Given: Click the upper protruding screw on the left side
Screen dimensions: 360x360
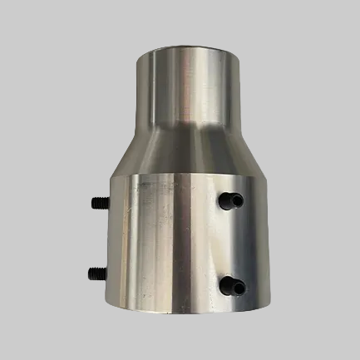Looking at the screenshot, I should point(96,202).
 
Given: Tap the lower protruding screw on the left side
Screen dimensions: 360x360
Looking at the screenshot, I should point(96,271).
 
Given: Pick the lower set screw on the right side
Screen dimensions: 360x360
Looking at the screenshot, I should point(232,286).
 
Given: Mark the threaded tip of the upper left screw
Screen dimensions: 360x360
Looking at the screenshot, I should point(90,202).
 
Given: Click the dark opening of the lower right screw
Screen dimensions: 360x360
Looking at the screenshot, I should point(227,285).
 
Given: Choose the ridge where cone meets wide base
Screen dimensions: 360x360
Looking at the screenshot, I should point(179,176).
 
